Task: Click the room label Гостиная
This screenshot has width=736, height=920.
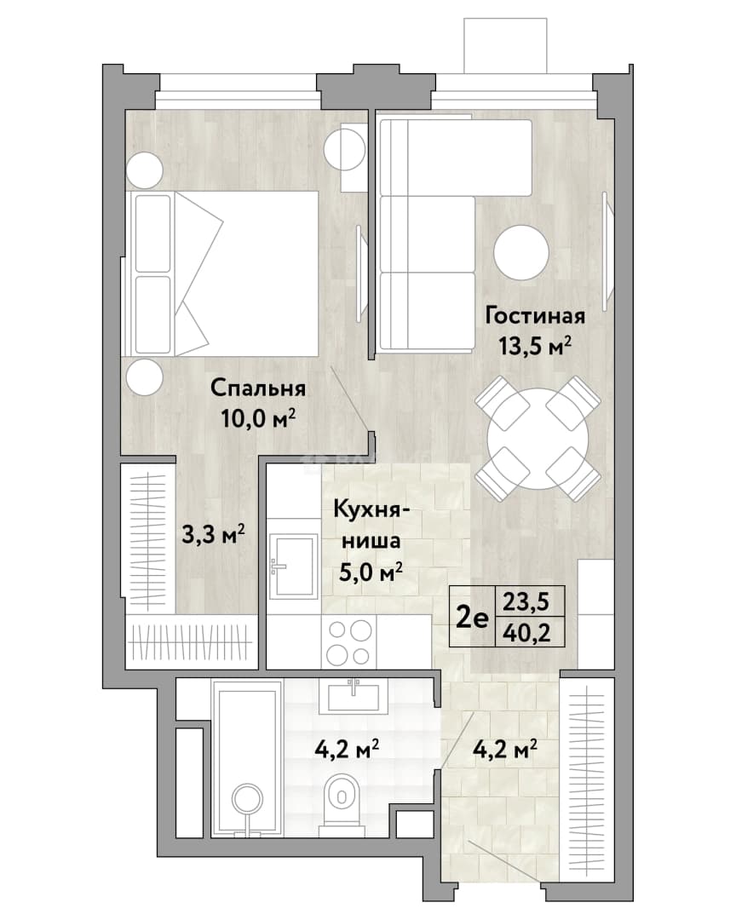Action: [535, 316]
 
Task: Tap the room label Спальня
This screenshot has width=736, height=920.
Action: [257, 389]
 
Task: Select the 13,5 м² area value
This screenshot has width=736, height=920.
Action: [535, 346]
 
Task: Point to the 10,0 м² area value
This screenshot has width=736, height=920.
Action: [257, 418]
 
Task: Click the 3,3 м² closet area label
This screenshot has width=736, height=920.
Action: [212, 534]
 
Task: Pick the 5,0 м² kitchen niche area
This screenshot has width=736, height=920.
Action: [371, 571]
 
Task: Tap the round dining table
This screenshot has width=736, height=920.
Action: [538, 439]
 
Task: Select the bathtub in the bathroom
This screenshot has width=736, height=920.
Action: [248, 757]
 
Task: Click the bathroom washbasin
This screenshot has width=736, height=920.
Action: [354, 696]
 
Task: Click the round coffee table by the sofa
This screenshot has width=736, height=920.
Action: [521, 253]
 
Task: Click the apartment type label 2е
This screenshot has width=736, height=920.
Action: [473, 618]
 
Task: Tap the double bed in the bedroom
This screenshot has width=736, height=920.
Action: [220, 273]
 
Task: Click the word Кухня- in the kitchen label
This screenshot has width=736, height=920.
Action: [371, 509]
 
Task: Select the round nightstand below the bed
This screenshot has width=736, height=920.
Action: [144, 377]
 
